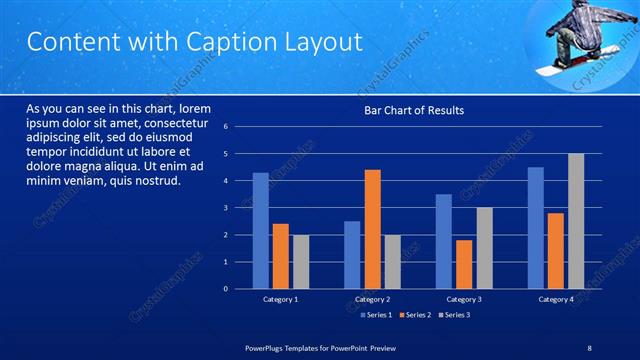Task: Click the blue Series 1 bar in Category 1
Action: tap(260, 231)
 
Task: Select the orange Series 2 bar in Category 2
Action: tap(372, 230)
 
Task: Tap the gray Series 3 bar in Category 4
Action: tap(576, 222)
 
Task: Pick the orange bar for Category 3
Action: tap(464, 264)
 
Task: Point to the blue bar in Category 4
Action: tap(536, 228)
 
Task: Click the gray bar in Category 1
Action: tap(300, 262)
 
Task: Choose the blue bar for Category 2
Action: tap(352, 255)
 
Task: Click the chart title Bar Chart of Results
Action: tap(413, 110)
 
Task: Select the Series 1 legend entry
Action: tap(375, 315)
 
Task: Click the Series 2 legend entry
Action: tap(414, 315)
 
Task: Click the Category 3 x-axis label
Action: tap(463, 299)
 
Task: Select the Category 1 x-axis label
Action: tap(280, 299)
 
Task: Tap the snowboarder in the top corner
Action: tap(578, 37)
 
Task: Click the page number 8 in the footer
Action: tap(589, 346)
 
